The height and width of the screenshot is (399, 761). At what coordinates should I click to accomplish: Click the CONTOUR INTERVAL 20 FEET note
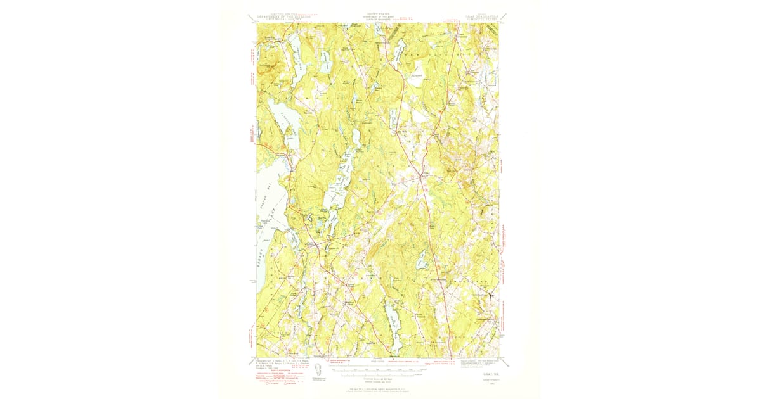(378, 376)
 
